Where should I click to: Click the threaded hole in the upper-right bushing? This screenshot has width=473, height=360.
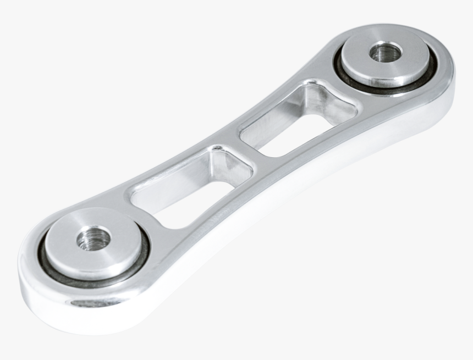coord(385,53)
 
